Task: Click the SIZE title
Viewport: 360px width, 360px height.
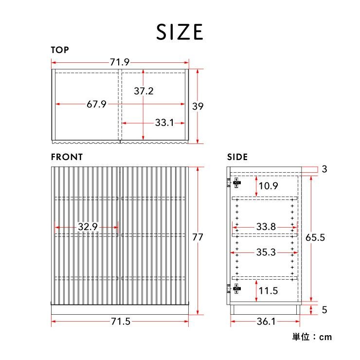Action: [x=180, y=32]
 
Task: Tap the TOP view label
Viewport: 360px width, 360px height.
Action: [x=60, y=50]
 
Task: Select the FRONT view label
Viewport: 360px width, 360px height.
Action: [x=67, y=157]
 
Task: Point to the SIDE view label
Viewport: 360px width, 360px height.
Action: [x=237, y=157]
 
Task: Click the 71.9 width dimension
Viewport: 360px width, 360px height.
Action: [x=120, y=62]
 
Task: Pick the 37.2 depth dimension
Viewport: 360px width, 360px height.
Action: [x=144, y=91]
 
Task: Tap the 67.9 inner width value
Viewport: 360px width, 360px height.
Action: [x=96, y=104]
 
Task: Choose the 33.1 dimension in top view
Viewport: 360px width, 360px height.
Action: [x=164, y=123]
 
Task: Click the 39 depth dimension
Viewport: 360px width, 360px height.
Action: [x=198, y=107]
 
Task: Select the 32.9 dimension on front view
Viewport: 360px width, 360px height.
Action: [x=88, y=227]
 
